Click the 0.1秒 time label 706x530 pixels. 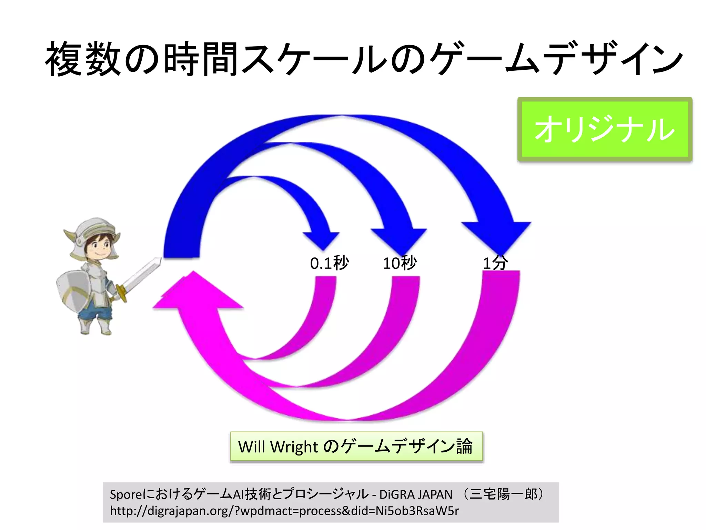tap(329, 263)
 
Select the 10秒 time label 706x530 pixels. tap(400, 263)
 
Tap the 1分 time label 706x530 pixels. tap(495, 263)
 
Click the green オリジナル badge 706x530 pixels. tap(605, 129)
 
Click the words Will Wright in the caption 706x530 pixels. tap(278, 447)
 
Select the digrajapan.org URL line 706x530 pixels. tap(284, 511)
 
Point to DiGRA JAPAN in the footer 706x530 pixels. tap(416, 494)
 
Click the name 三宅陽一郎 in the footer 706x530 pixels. tap(503, 494)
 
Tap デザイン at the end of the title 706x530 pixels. tap(614, 59)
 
